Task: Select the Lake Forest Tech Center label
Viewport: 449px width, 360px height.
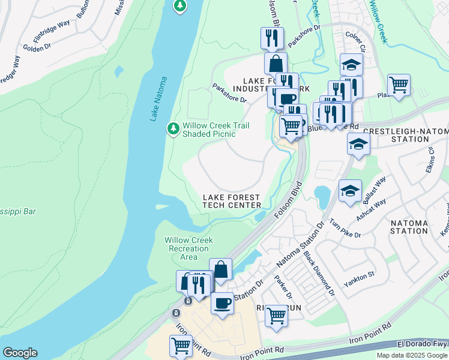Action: [x=232, y=201]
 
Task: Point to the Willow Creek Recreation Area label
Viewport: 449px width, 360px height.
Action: [x=188, y=248]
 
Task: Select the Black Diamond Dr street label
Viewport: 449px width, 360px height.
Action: [x=319, y=274]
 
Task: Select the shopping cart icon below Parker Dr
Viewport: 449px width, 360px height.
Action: [x=276, y=314]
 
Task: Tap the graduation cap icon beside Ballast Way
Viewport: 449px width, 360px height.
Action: [x=350, y=191]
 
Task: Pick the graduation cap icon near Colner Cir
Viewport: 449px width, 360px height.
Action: [x=351, y=64]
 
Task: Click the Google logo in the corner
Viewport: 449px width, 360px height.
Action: [x=20, y=353]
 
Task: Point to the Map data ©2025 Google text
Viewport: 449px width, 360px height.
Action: [x=411, y=355]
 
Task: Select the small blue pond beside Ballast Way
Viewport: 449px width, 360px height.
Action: [x=321, y=196]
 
